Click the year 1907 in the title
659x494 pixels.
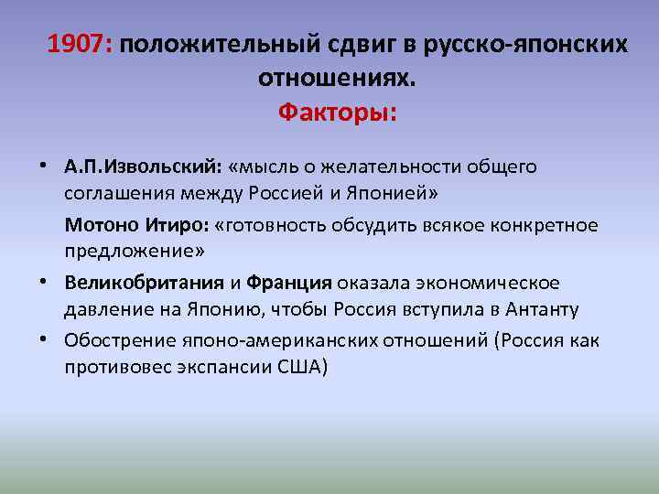point(79,44)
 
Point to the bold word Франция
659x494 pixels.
point(289,283)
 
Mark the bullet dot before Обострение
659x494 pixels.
point(56,338)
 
